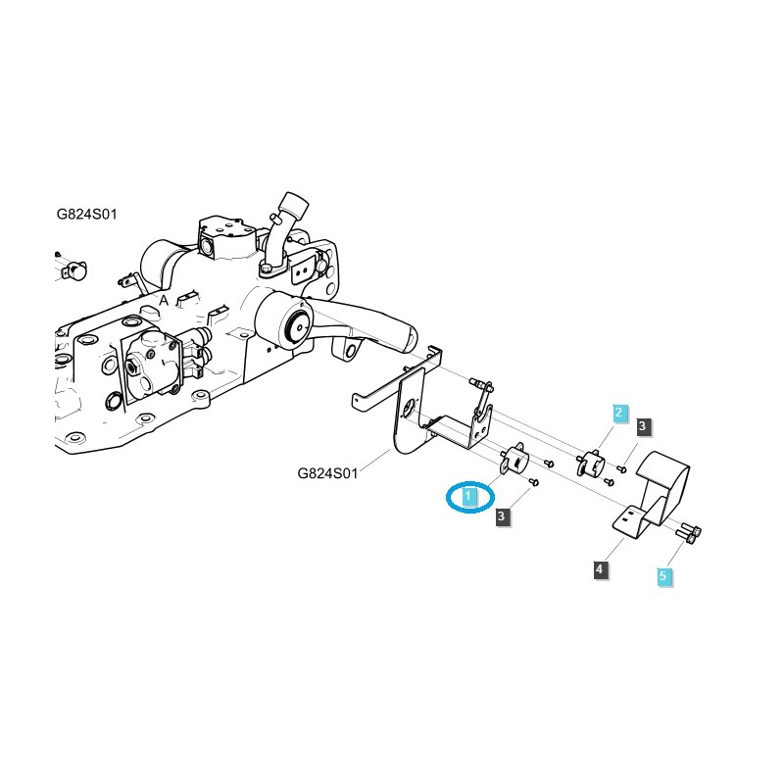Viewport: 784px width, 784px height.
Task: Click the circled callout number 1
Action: click(469, 498)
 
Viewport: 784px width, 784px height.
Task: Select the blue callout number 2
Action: click(618, 414)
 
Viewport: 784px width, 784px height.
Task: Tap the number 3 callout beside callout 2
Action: click(643, 426)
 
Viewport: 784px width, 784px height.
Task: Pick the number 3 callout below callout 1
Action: click(503, 516)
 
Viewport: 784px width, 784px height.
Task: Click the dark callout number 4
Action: click(600, 568)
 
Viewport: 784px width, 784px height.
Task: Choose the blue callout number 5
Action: click(662, 576)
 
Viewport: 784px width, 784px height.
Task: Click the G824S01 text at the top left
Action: click(86, 214)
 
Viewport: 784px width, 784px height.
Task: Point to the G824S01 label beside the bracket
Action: click(328, 473)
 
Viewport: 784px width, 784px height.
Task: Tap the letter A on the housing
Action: click(164, 299)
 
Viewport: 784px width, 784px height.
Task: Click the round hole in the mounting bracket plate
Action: click(407, 411)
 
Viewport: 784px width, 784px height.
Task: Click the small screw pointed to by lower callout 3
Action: click(533, 482)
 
